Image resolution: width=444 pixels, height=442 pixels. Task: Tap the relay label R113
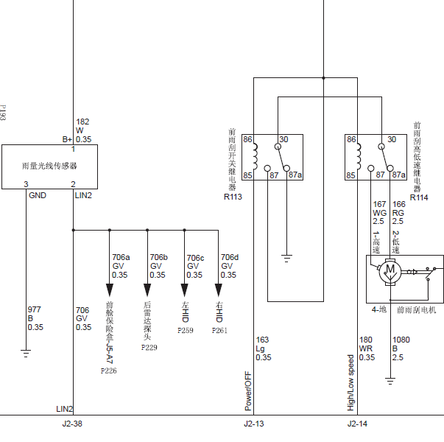(233, 197)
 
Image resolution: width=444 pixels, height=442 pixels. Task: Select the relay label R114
(419, 197)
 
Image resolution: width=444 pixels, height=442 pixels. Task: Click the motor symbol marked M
(390, 272)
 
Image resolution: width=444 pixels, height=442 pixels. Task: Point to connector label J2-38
(72, 424)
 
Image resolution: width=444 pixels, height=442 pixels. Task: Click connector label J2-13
(254, 424)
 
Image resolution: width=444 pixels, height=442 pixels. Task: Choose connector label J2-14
(357, 424)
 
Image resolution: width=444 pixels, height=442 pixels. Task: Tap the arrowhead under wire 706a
(110, 290)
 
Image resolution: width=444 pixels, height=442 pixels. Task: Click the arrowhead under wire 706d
(219, 290)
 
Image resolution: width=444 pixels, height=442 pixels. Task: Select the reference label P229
(149, 348)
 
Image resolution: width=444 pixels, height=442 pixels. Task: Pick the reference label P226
(109, 371)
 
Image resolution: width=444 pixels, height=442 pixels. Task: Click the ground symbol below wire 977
(26, 354)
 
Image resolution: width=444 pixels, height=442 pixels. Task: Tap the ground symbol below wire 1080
(390, 382)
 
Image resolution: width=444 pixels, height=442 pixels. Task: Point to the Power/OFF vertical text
(248, 391)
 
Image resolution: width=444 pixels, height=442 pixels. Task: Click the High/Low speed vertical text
(350, 383)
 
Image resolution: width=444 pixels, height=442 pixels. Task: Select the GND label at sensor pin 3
(38, 195)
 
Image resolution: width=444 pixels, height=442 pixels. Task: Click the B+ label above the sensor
(68, 139)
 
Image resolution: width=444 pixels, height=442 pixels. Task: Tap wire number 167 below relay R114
(379, 204)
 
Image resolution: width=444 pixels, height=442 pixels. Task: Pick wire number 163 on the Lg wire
(262, 340)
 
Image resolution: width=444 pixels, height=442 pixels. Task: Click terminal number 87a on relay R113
(295, 175)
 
